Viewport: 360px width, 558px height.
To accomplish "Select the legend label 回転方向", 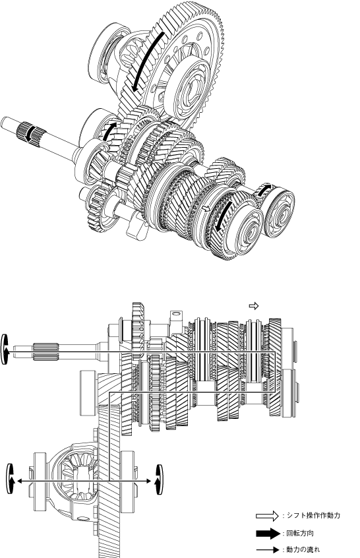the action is point(300,533).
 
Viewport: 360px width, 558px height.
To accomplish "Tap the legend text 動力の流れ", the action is point(303,549).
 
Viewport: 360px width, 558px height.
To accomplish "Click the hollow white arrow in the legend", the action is point(268,515).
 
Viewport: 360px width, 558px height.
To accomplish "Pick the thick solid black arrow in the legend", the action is point(268,534).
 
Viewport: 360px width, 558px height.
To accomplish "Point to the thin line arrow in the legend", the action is point(268,550).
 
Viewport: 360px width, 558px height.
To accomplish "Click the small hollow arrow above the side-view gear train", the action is point(254,305).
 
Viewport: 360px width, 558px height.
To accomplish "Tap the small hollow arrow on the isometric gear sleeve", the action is point(206,208).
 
